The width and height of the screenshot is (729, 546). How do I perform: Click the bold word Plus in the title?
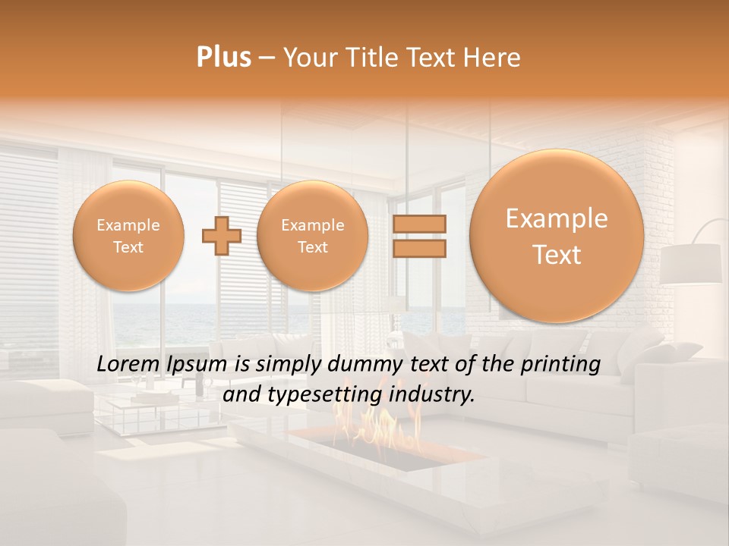(223, 58)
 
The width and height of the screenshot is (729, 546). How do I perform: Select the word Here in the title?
(494, 58)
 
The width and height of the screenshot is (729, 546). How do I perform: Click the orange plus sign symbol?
(221, 236)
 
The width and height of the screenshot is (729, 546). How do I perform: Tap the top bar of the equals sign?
(419, 224)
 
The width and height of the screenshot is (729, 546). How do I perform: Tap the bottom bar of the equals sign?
(419, 249)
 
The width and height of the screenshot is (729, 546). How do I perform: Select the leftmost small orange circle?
(128, 236)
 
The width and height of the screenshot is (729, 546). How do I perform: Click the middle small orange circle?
(312, 236)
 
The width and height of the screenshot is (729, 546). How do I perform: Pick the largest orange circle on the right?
(557, 236)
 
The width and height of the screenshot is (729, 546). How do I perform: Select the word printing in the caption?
(560, 365)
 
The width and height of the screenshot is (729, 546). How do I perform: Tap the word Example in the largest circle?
(557, 219)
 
